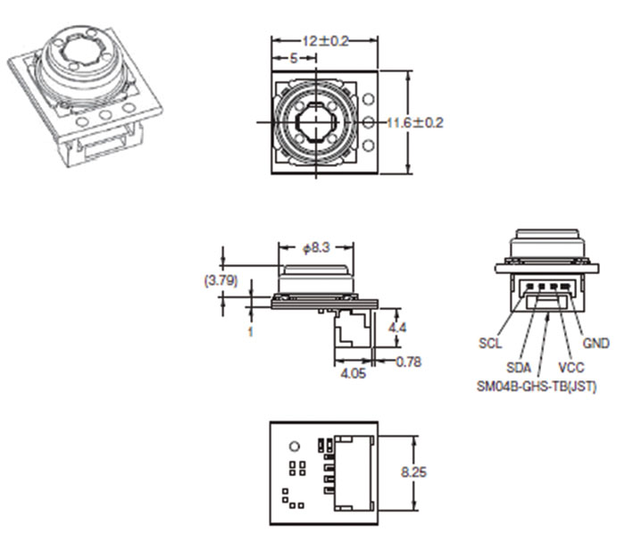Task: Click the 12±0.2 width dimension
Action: point(326,41)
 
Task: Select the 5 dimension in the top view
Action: point(294,59)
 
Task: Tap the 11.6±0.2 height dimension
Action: point(415,122)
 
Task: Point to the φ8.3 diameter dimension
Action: point(316,248)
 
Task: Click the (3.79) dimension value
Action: point(221,280)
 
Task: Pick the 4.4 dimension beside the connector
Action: point(397,328)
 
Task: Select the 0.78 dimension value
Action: point(409,362)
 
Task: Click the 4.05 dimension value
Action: point(354,373)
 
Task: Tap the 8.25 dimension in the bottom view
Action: point(413,472)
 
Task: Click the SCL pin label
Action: point(490,343)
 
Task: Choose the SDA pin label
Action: point(519,368)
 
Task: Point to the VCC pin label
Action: point(571,368)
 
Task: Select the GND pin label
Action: point(596,343)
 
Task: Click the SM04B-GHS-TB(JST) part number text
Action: point(537,387)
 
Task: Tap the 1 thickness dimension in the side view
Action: point(250,331)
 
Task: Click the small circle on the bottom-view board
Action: point(294,446)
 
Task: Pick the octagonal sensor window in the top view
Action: point(315,122)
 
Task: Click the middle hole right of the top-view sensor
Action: point(369,122)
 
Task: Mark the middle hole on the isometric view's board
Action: point(105,115)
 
